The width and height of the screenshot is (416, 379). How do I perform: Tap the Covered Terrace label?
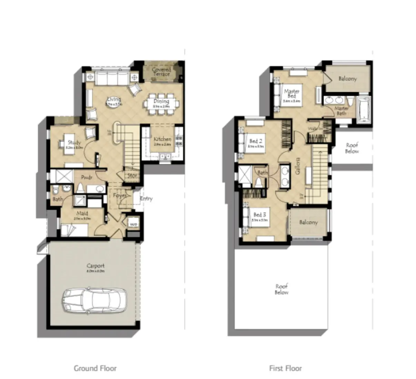(161, 72)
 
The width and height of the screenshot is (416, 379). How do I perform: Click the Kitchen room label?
(162, 139)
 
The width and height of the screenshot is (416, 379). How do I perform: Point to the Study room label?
(74, 142)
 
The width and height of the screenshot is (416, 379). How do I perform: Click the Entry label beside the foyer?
(146, 198)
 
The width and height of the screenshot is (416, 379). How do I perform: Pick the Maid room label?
(82, 214)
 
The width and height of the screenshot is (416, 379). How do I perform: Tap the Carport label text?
(95, 266)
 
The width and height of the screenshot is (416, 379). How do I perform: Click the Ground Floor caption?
(95, 368)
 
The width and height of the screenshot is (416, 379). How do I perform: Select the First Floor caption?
(285, 368)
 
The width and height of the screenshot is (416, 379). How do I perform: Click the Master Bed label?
(291, 93)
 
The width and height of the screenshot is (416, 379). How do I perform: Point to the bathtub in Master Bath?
(364, 109)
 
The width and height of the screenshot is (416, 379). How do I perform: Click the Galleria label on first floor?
(298, 166)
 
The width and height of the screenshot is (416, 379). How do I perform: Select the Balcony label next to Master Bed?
(347, 79)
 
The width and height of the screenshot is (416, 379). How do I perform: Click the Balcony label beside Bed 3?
(308, 222)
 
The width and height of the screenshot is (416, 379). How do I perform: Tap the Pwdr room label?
(86, 177)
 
